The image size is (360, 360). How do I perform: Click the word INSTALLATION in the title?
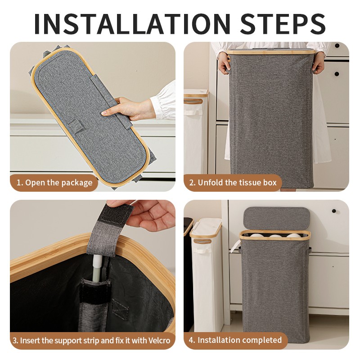[x=132, y=24]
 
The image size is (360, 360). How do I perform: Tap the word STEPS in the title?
[x=283, y=24]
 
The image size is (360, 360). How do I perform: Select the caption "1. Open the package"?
[x=54, y=183]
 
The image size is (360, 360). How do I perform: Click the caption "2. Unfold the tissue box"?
[x=233, y=183]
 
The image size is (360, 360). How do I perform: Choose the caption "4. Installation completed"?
[x=235, y=340]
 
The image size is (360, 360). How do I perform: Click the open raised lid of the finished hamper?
[x=276, y=219]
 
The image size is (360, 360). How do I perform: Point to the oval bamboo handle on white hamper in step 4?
[x=202, y=241]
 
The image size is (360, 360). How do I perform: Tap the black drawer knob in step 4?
[x=334, y=211]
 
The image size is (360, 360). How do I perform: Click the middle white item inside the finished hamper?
[x=275, y=236]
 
